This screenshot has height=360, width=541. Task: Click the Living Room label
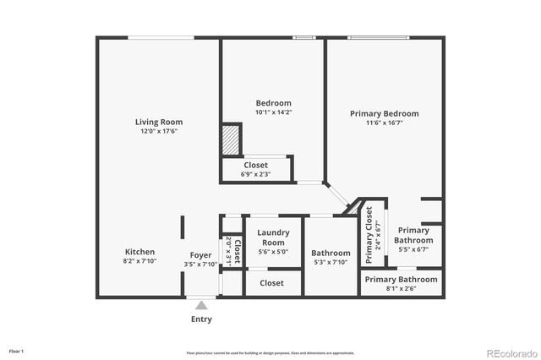pos(159,122)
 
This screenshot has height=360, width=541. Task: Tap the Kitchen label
pos(139,252)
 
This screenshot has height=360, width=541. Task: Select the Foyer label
pos(200,254)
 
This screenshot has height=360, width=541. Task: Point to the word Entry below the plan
pos(201,319)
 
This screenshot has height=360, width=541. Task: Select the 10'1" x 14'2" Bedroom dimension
pos(274,112)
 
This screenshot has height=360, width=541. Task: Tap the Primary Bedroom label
pos(384,113)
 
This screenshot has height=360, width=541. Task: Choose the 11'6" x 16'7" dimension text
pos(384,123)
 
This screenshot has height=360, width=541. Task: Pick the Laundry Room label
pos(272,237)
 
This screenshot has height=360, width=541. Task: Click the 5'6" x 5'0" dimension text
pos(272,251)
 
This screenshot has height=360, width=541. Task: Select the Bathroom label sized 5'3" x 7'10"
pos(331,253)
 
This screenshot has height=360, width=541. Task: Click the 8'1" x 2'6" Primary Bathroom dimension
pos(401,288)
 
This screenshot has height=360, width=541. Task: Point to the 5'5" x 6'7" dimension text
pos(413,249)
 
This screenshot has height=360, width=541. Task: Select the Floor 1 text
pos(17,350)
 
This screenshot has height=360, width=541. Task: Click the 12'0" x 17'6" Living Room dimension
pos(159,132)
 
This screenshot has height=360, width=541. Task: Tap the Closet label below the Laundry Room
pos(271,283)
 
